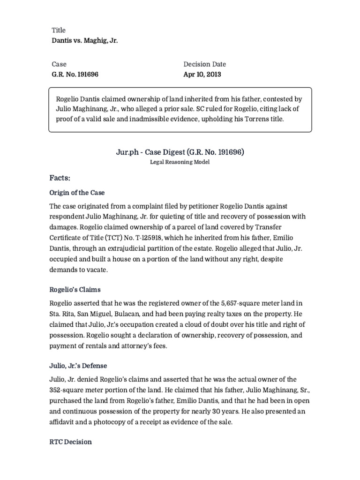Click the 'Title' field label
58,30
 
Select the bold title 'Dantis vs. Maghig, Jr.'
84,41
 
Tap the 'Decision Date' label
204,64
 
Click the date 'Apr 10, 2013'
202,74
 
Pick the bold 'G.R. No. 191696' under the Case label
75,74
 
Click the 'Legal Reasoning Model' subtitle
180,162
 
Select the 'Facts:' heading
60,178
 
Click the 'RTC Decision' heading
71,442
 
